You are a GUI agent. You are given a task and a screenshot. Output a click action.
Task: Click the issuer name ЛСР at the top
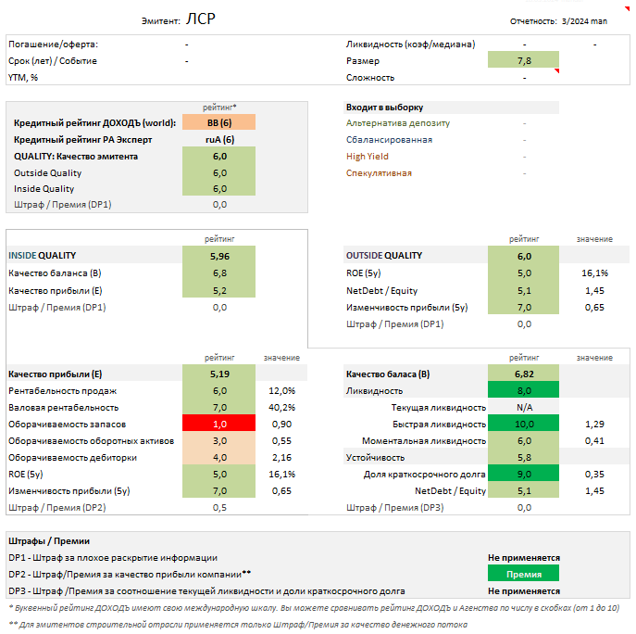coord(202,19)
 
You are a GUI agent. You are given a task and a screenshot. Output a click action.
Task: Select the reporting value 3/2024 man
coord(584,20)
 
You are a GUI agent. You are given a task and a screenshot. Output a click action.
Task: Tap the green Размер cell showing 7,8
coord(524,60)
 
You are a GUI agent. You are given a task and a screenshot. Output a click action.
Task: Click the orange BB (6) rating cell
coord(219,122)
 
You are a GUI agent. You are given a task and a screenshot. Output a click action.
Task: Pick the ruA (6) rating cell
coord(219,139)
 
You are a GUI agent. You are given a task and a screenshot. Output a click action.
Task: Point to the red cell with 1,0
coord(219,424)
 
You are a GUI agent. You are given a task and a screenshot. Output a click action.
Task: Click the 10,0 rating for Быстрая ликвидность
coord(524,424)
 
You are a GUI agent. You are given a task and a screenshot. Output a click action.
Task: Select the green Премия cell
coord(524,574)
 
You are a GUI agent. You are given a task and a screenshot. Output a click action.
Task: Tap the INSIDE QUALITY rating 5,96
coord(219,256)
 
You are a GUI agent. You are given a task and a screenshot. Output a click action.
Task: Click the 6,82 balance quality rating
coord(524,374)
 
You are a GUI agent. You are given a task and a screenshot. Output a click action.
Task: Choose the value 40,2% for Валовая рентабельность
coord(281,407)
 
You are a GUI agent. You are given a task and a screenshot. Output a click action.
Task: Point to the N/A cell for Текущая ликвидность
coord(524,407)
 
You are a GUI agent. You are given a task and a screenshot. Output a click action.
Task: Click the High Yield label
coord(367,156)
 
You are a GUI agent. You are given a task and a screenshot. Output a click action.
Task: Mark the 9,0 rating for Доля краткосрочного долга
coord(524,474)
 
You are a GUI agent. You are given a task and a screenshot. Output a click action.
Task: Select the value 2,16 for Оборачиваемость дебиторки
coord(282,457)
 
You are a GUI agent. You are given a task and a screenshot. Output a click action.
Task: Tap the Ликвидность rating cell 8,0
coord(524,390)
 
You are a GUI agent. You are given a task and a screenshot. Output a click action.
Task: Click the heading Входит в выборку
coord(384,107)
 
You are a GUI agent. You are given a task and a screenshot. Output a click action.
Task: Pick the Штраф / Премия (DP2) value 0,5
coord(219,507)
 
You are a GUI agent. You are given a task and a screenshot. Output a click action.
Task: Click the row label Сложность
coord(369,77)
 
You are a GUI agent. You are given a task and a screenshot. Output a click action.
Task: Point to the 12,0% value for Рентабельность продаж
coord(281,390)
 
